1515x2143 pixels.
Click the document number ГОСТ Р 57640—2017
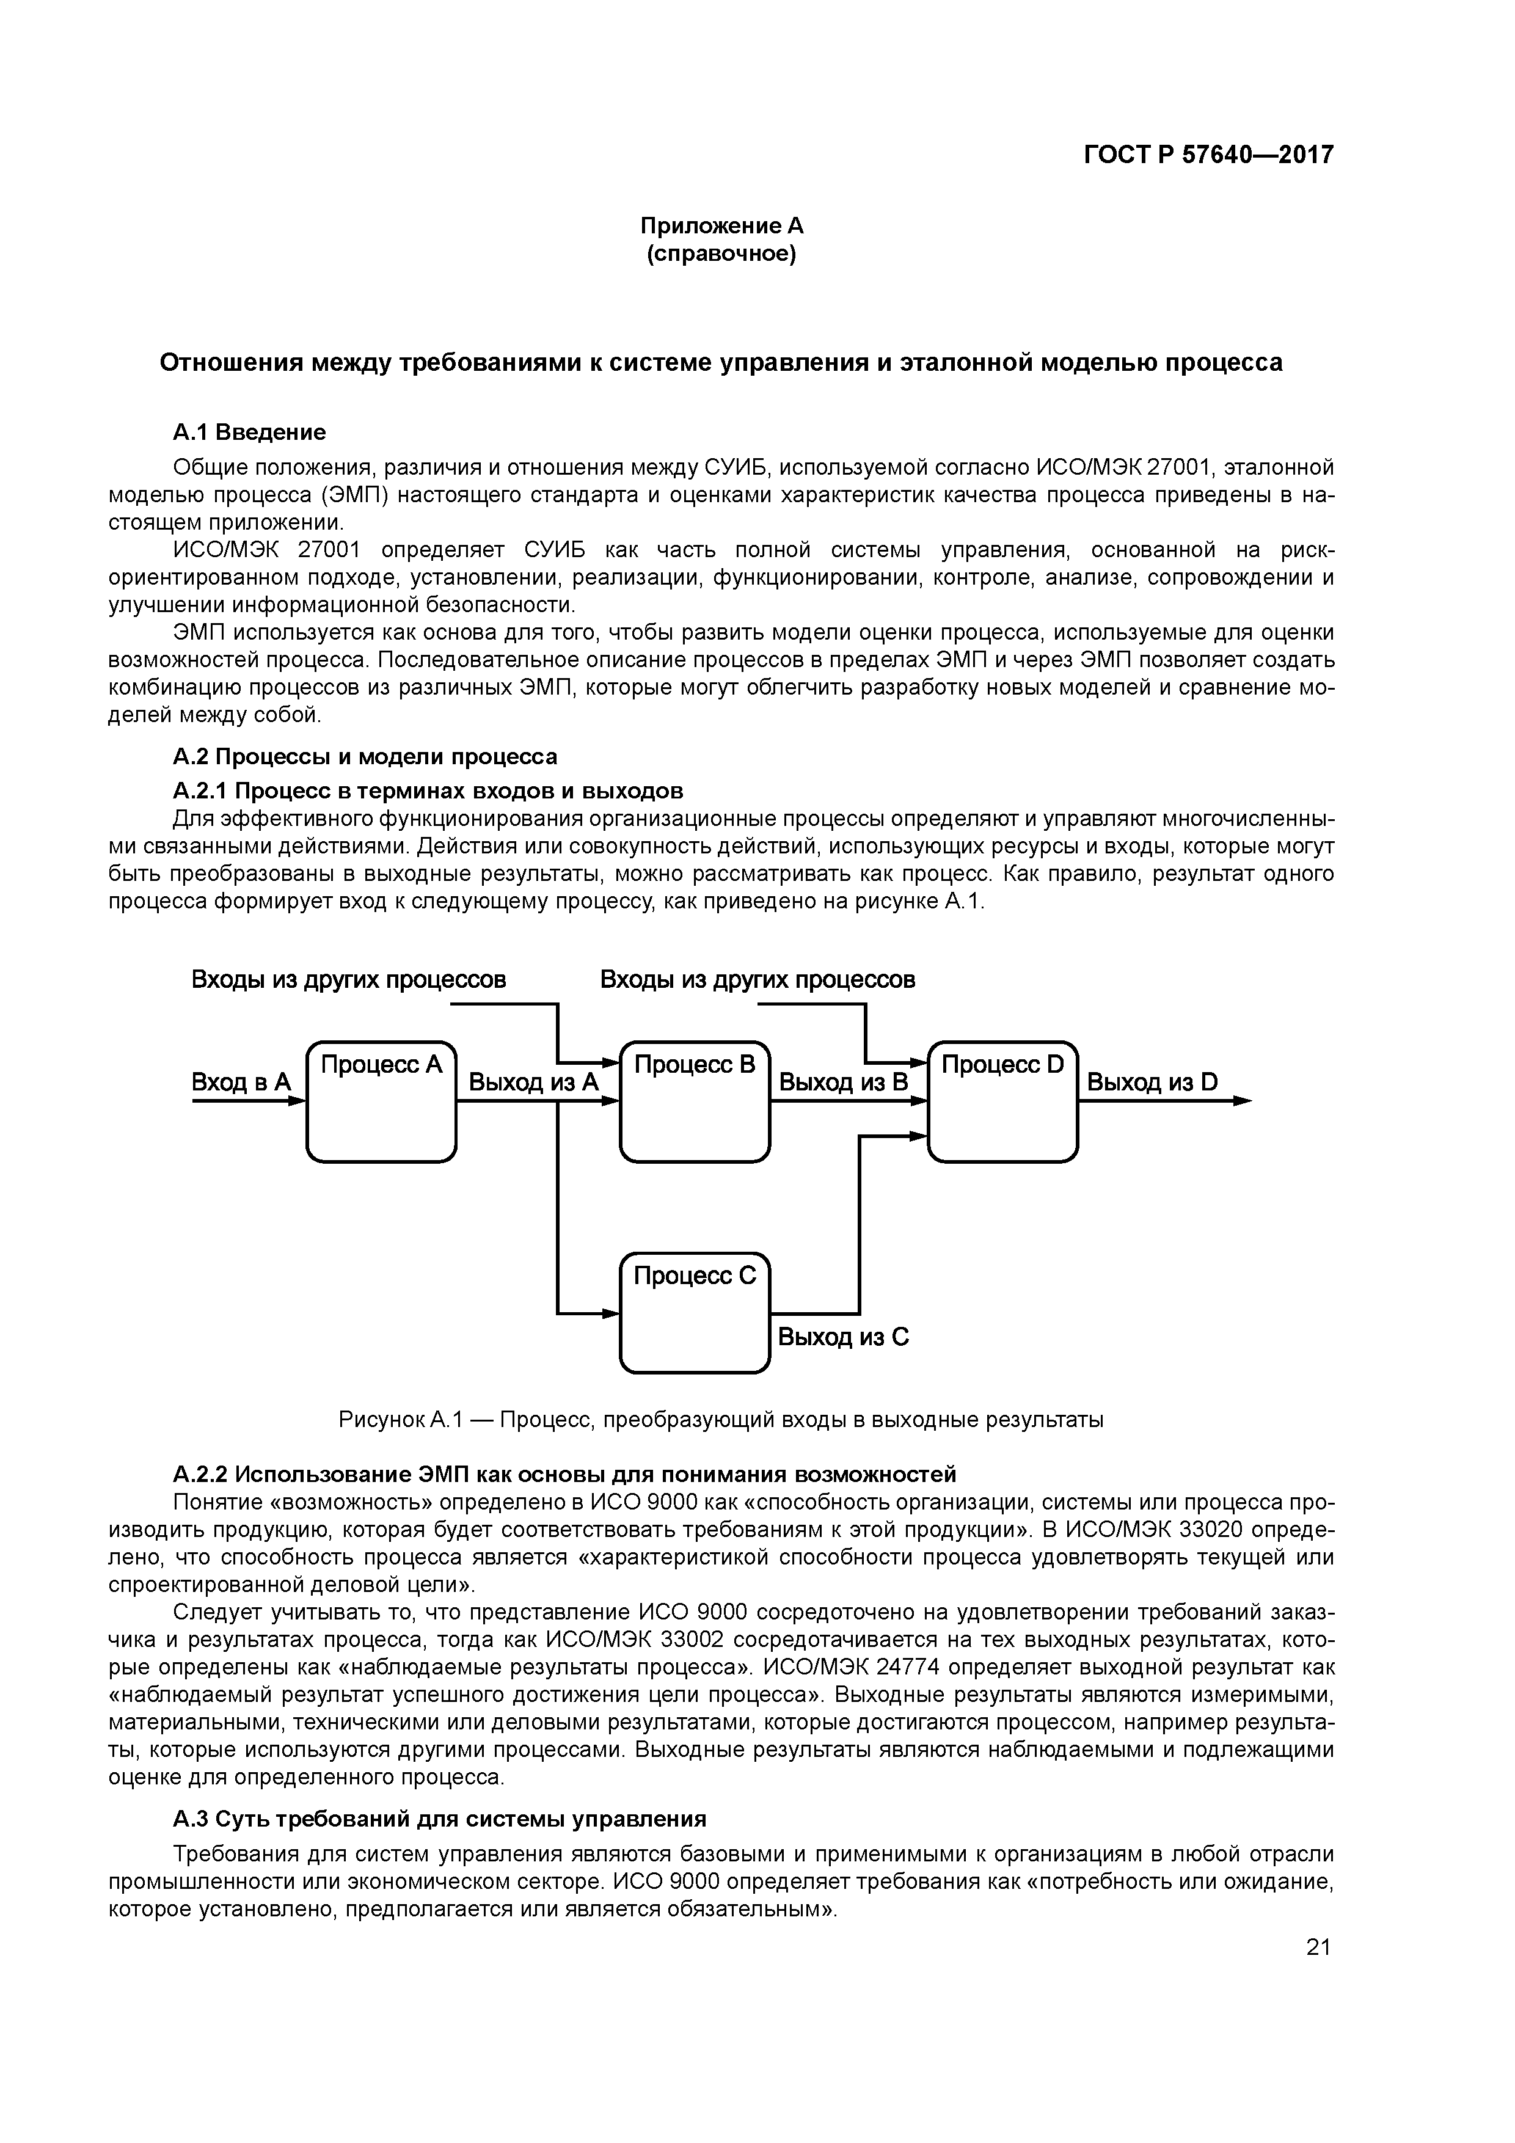[1208, 155]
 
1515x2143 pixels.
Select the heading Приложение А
[721, 226]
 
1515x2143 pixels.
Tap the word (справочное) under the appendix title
[721, 254]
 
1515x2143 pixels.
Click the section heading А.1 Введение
[249, 432]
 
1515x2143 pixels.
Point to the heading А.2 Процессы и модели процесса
[365, 756]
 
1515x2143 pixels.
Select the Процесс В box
[695, 1101]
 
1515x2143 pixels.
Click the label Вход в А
[241, 1082]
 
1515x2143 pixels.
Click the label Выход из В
[843, 1082]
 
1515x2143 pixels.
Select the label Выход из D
[1152, 1082]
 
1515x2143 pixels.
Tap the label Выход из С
[843, 1337]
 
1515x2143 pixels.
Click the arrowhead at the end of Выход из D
[1243, 1101]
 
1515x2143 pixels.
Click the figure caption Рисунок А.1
[721, 1420]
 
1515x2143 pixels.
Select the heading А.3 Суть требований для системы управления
[440, 1819]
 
